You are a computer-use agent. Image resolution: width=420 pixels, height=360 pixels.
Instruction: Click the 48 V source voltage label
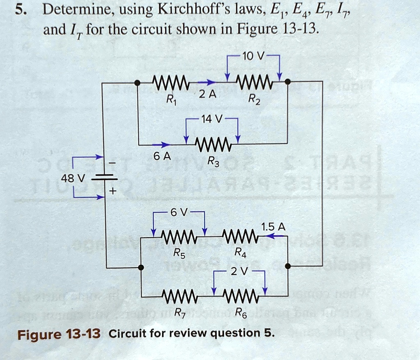click(72, 179)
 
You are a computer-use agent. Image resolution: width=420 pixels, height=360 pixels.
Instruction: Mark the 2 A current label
click(205, 95)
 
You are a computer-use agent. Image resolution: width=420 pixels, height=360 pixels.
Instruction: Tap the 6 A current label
click(160, 156)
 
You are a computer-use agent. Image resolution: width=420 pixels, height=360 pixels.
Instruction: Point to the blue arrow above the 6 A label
click(161, 144)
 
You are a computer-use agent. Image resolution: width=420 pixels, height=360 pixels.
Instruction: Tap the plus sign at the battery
click(112, 192)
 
